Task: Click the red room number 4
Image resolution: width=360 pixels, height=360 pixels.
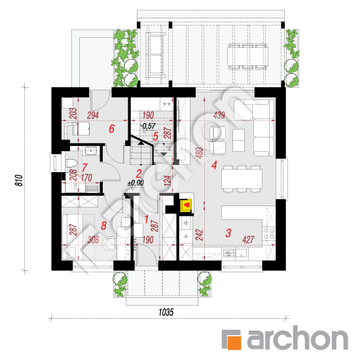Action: point(214,165)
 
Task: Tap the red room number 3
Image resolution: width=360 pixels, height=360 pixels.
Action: point(228,232)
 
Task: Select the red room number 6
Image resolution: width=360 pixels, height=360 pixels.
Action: point(112,130)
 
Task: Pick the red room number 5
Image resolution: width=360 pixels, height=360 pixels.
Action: point(155,136)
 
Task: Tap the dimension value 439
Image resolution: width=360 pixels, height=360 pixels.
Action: point(219,116)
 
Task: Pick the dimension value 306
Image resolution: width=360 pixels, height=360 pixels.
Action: point(92,241)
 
